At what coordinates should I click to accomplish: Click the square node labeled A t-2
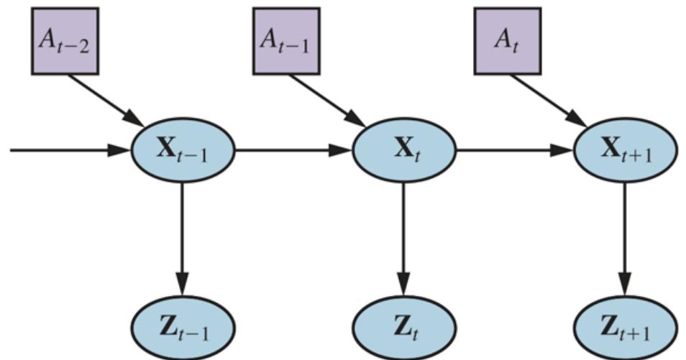[x=65, y=41]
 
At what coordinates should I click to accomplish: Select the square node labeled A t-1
[x=286, y=41]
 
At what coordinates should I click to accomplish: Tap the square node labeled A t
[x=507, y=41]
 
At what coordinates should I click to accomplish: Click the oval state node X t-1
[x=183, y=151]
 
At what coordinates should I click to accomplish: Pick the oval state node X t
[x=403, y=151]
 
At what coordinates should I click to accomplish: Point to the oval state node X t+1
[x=625, y=151]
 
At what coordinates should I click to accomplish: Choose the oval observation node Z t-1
[x=183, y=328]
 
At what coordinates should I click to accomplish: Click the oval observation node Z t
[x=403, y=328]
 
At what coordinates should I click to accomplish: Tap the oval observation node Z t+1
[x=625, y=328]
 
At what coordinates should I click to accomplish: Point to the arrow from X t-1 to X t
[x=293, y=151]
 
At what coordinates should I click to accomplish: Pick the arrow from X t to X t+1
[x=514, y=151]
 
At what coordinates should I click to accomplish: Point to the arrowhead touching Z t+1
[x=625, y=286]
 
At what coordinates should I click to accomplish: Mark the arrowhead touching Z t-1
[x=183, y=286]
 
